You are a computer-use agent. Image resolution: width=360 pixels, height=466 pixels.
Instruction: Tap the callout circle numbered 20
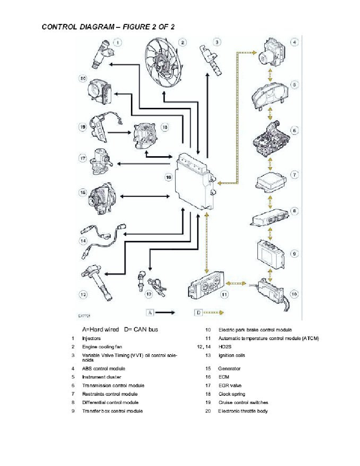coord(83,78)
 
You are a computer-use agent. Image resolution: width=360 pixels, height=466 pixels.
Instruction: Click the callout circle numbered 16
coord(168,177)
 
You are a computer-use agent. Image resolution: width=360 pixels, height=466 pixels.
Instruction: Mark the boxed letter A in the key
coord(151,313)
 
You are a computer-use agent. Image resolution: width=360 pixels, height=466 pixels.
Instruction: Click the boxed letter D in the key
coord(198,313)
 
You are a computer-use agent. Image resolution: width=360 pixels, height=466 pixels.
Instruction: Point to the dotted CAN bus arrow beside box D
coord(214,313)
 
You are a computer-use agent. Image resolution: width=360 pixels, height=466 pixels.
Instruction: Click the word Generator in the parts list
coord(229,369)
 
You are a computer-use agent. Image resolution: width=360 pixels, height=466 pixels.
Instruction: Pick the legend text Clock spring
coord(232,394)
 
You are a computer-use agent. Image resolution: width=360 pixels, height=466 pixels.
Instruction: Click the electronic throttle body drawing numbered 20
coord(100,91)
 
